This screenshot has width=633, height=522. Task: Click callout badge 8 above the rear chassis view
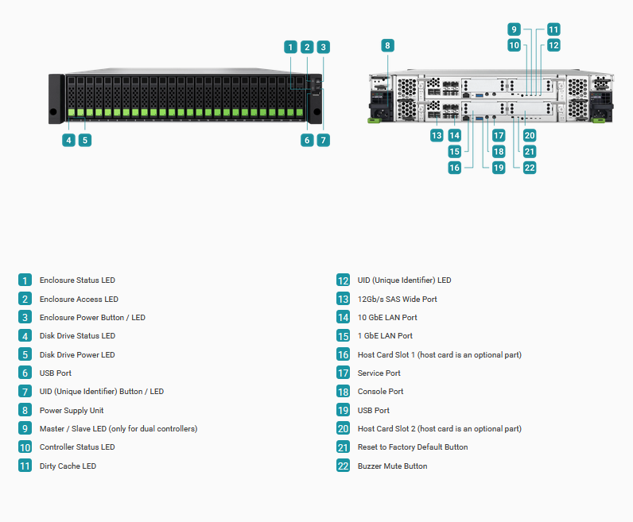click(387, 45)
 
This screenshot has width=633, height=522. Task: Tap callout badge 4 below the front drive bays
click(68, 141)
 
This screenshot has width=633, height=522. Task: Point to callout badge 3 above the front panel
click(324, 47)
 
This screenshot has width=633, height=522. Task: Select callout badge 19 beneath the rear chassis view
click(499, 168)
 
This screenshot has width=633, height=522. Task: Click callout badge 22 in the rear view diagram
click(530, 168)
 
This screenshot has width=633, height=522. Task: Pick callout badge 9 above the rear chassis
click(514, 29)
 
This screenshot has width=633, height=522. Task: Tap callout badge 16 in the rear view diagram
click(455, 168)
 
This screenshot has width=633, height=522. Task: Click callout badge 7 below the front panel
click(324, 141)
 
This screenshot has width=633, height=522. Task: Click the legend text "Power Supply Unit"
click(72, 410)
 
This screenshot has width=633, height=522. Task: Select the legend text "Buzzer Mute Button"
click(392, 466)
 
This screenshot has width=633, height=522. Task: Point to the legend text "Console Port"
click(380, 391)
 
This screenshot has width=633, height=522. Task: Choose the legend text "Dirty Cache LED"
click(68, 466)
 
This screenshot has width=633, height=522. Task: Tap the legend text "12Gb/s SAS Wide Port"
click(398, 299)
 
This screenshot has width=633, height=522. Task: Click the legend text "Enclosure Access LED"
click(79, 299)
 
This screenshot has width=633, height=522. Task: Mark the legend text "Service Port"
click(379, 373)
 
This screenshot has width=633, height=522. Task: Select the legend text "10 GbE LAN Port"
click(387, 318)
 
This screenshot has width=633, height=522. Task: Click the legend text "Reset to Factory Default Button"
click(413, 447)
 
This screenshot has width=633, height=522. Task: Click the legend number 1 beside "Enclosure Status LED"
click(25, 280)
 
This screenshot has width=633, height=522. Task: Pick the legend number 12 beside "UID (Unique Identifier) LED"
click(344, 280)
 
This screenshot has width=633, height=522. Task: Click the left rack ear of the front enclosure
click(56, 99)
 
